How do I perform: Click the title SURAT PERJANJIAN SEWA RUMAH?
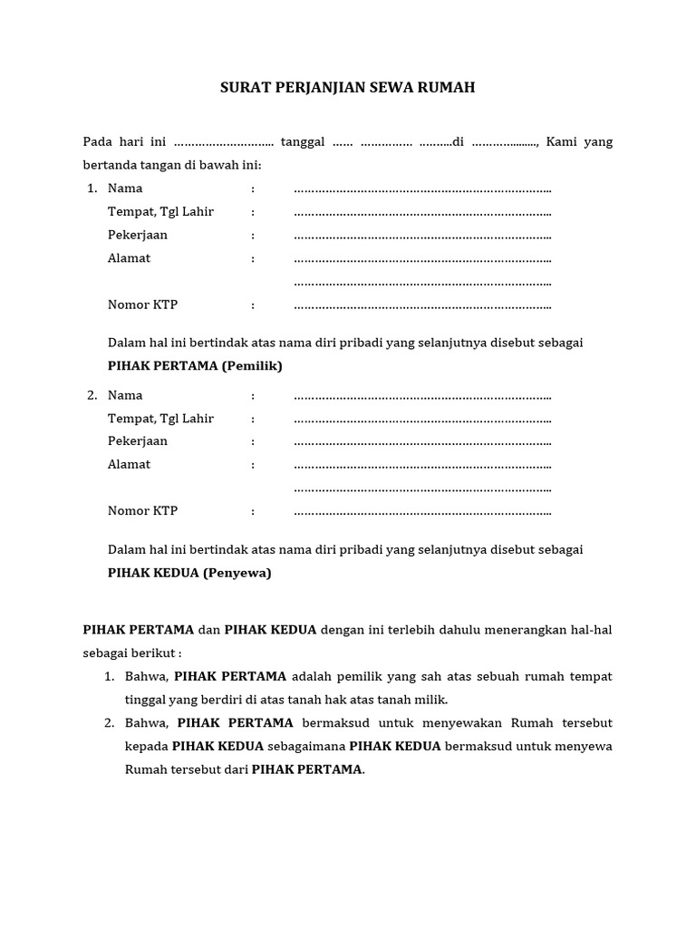[348, 88]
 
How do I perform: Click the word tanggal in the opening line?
[303, 142]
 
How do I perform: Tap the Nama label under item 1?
[125, 188]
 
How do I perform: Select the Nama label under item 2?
[125, 395]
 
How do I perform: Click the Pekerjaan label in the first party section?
[138, 235]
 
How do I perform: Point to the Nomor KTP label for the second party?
[142, 510]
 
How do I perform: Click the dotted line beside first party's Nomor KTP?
[422, 305]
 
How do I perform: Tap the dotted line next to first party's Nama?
[422, 189]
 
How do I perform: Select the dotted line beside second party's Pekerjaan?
[422, 442]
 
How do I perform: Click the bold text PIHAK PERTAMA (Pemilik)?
[195, 366]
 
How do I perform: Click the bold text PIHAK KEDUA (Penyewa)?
[189, 573]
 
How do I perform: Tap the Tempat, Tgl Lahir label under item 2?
[160, 419]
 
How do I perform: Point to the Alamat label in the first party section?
[129, 258]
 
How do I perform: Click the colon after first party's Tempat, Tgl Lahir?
[254, 212]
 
